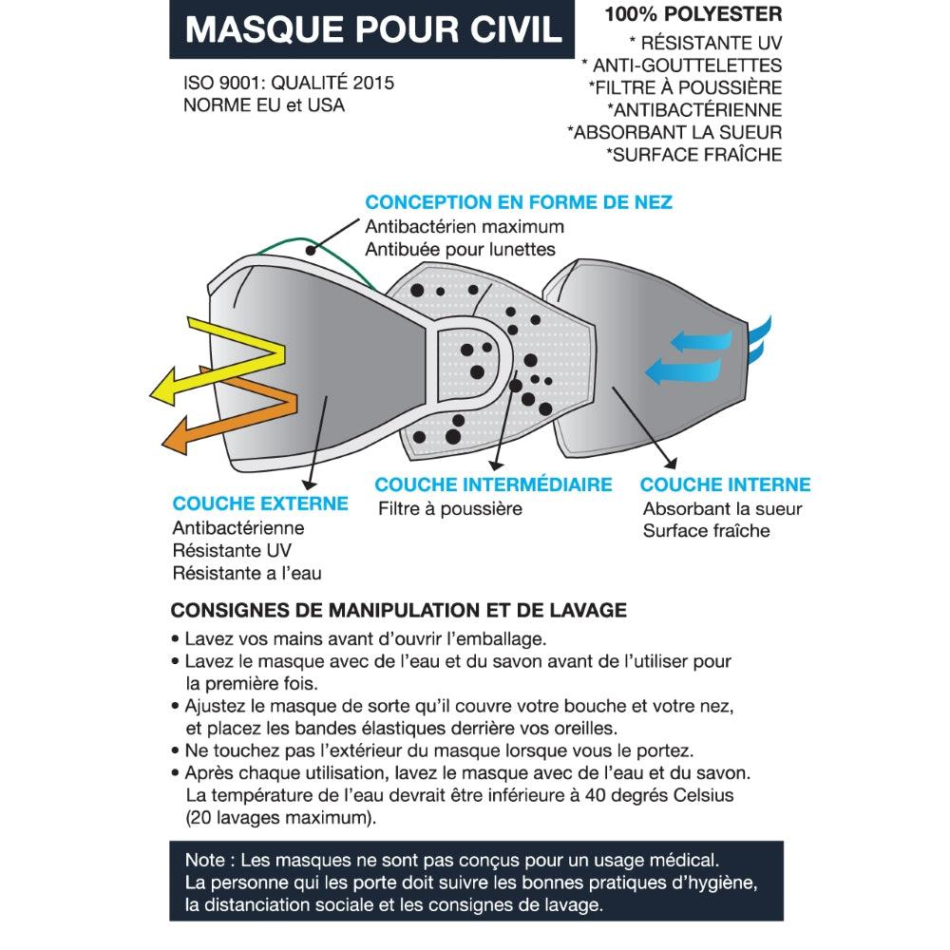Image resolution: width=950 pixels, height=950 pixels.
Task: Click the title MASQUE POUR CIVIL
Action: point(373,29)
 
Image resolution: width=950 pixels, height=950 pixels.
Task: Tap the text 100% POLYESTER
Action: point(693,14)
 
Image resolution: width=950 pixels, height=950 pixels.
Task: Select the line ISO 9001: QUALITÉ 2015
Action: point(289,83)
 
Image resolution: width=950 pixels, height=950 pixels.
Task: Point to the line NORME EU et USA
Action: point(263,104)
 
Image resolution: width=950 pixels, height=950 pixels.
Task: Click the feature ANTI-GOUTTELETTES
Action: point(687,65)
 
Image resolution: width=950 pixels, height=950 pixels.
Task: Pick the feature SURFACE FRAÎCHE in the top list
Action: point(697,155)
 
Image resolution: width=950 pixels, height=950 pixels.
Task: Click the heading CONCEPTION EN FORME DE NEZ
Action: point(519,201)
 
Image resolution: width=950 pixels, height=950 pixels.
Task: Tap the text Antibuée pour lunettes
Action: point(460,249)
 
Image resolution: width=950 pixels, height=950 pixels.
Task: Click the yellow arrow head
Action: point(162,388)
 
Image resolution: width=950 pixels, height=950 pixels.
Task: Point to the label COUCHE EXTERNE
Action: point(260,503)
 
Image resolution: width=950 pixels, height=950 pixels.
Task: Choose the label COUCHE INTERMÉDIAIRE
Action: point(493,484)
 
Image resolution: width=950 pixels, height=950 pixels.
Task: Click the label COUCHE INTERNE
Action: point(725,484)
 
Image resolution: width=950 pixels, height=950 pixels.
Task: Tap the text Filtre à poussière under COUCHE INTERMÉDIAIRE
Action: point(450,508)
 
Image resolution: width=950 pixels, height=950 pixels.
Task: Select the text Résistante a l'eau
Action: point(247,573)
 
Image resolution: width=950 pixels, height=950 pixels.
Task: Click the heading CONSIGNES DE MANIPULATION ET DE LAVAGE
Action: point(399,610)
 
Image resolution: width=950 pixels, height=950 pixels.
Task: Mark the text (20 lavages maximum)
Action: point(281,818)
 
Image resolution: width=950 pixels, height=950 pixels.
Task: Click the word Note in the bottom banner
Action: point(205,861)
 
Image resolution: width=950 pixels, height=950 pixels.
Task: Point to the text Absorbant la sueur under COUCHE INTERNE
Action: point(723,509)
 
